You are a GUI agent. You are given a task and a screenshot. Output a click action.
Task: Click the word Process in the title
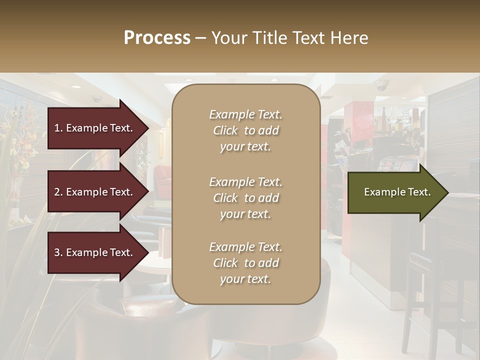point(157,38)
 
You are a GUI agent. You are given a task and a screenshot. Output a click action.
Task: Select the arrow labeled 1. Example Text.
point(95,128)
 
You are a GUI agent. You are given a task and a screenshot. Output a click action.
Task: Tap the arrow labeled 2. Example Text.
point(95,192)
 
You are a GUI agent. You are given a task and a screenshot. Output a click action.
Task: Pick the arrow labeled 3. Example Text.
point(95,252)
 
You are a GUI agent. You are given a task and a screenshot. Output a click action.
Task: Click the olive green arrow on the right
point(395,192)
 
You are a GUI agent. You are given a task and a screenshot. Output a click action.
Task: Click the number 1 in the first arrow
point(57,128)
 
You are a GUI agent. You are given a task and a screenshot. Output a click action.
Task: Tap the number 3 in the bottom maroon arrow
point(57,252)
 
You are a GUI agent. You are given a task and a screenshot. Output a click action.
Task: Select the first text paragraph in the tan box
point(245,130)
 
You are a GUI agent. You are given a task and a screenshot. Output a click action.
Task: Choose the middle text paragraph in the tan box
point(245,198)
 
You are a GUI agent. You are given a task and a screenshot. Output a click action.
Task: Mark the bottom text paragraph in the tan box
point(245,263)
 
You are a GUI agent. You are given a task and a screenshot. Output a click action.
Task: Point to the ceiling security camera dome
point(382,85)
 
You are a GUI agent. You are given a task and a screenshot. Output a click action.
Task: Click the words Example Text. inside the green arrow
point(397,192)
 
